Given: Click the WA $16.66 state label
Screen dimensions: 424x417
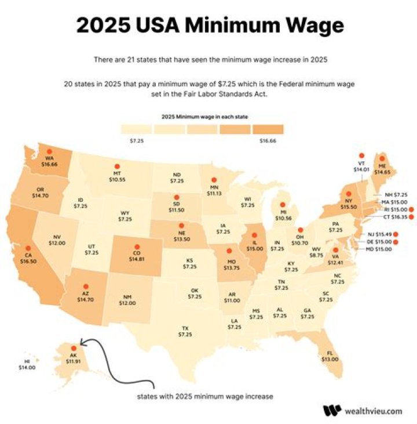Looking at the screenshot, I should [49, 162].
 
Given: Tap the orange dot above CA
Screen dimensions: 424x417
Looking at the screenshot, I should [28, 247].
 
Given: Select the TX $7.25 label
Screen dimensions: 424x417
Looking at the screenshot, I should [185, 331].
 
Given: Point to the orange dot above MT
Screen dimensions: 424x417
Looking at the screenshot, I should [118, 166].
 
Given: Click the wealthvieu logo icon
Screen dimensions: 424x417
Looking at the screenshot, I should [332, 410].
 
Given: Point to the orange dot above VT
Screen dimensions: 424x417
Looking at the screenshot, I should [361, 155].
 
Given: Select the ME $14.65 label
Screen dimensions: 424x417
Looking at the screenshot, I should [382, 169].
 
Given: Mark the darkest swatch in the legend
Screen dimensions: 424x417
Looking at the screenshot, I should [267, 128].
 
